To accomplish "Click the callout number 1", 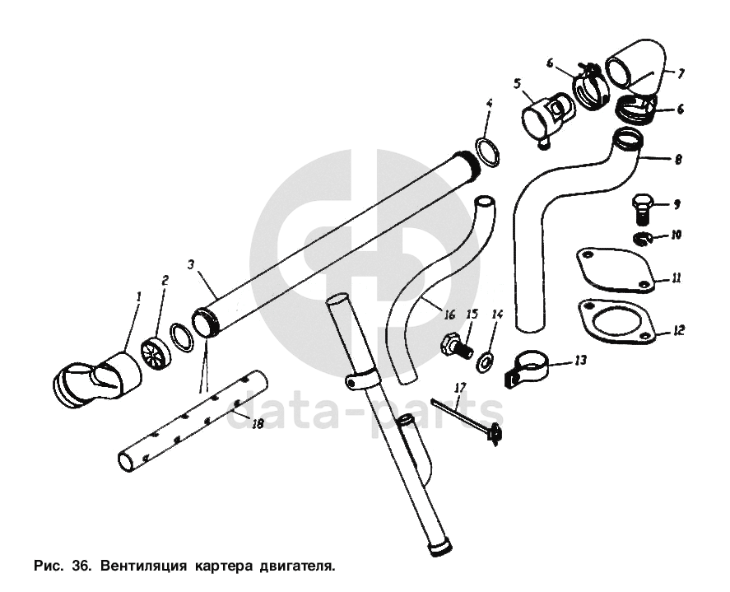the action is (138, 296).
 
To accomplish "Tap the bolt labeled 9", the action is (642, 209).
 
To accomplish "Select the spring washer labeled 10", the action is (643, 238).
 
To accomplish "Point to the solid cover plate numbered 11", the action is (616, 271).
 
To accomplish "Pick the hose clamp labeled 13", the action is (526, 367).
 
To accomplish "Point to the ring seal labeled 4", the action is (488, 151).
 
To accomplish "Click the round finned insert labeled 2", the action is (156, 353).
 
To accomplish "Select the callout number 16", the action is (449, 315).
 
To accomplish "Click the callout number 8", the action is (678, 159).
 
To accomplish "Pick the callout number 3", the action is (190, 264).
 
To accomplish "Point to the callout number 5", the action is (517, 83).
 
